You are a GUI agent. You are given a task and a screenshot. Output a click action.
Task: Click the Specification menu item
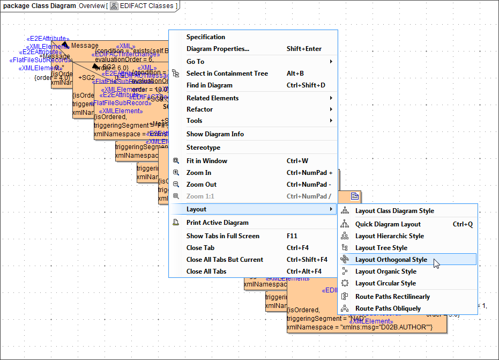205,37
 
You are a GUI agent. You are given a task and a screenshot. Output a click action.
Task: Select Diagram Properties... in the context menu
217,49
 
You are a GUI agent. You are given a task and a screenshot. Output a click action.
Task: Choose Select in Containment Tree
227,74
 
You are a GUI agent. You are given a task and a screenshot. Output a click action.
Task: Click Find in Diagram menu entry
209,85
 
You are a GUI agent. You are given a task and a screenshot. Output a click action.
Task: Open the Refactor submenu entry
199,109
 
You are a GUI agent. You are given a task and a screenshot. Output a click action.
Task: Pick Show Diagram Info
215,134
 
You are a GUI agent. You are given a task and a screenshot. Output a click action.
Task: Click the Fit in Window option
206,161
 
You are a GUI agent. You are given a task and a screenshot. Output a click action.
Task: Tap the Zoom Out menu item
201,185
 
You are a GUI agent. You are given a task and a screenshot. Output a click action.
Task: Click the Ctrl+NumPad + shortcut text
309,173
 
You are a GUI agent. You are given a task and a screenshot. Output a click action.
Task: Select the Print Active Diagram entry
217,223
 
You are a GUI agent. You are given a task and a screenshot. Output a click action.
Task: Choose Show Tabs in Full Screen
222,236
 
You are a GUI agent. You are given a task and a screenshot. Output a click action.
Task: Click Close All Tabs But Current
225,260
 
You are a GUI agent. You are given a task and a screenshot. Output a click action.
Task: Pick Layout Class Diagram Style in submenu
394,211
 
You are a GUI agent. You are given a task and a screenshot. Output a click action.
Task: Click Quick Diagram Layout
388,224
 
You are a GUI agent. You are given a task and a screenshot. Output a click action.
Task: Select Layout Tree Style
381,248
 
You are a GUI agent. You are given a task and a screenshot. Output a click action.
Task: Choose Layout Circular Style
385,283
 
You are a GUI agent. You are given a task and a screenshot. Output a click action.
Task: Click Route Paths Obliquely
388,308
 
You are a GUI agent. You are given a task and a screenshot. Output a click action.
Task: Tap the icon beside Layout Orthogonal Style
345,260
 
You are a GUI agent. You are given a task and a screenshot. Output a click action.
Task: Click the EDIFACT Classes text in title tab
146,6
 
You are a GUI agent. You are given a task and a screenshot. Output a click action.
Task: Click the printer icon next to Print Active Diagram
176,223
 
